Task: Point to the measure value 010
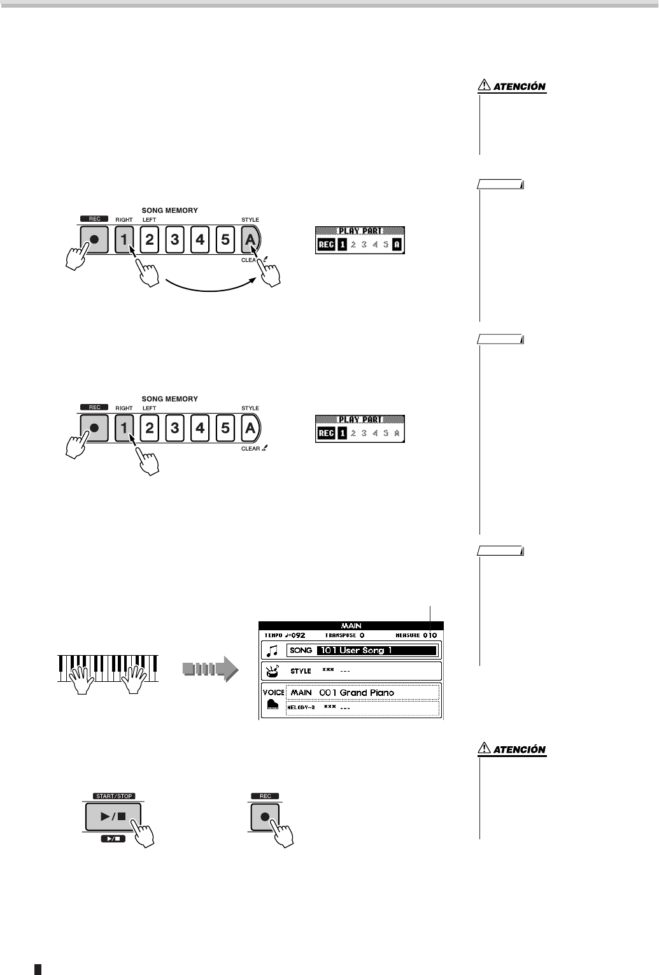click(430, 635)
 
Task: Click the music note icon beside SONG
click(273, 651)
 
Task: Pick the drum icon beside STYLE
click(273, 671)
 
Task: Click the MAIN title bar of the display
click(351, 626)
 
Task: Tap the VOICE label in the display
click(273, 692)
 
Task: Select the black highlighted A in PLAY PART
click(397, 245)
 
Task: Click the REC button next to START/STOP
click(265, 817)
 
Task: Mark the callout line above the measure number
click(430, 617)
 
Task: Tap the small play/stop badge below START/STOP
click(113, 839)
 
